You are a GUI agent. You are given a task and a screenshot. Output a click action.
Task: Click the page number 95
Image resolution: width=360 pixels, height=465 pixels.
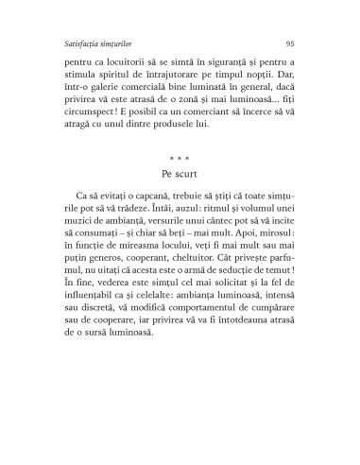(x=289, y=43)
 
